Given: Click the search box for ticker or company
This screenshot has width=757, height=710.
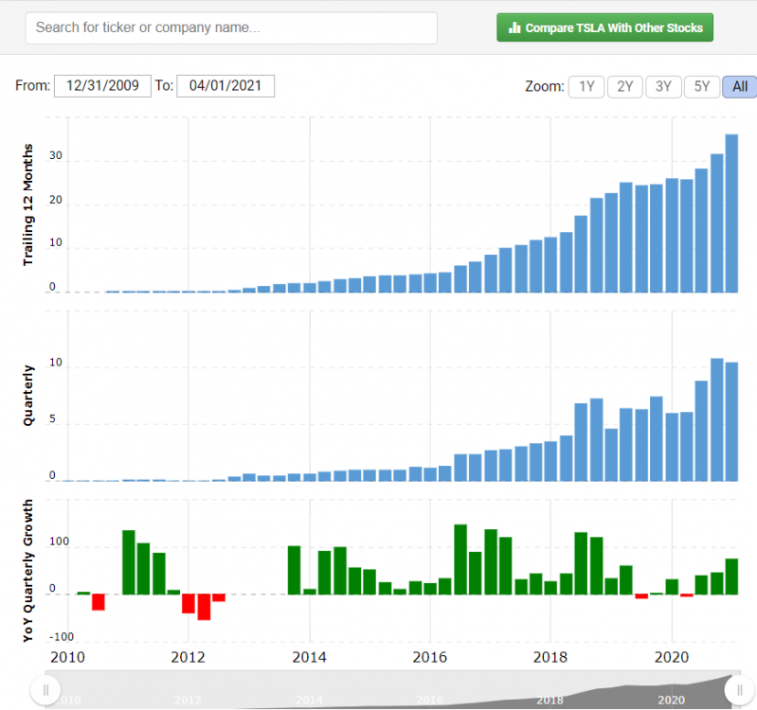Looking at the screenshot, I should tap(231, 27).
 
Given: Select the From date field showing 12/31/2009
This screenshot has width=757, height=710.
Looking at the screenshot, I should tap(102, 86).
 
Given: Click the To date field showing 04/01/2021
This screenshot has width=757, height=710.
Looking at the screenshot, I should tap(225, 86).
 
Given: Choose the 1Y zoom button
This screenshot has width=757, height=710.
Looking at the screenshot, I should tap(586, 87).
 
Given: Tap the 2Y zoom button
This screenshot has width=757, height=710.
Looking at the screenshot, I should tap(624, 87).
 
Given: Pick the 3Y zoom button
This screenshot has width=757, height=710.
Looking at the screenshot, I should tap(663, 87).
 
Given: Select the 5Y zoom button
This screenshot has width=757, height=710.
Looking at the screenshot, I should tap(702, 87).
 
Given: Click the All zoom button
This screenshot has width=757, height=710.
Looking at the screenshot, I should tap(739, 87).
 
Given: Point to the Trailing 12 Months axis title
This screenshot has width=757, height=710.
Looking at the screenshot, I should tap(29, 204).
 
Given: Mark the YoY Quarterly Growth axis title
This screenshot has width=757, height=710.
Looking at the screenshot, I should tap(29, 571).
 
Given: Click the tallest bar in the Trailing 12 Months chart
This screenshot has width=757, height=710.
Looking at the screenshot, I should tap(731, 213).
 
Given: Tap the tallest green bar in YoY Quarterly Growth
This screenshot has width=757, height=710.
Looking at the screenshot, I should tap(460, 559).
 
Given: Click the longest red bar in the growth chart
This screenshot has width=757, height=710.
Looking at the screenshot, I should tap(204, 607).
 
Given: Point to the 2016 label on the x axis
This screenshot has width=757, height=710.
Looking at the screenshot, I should tap(430, 656).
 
